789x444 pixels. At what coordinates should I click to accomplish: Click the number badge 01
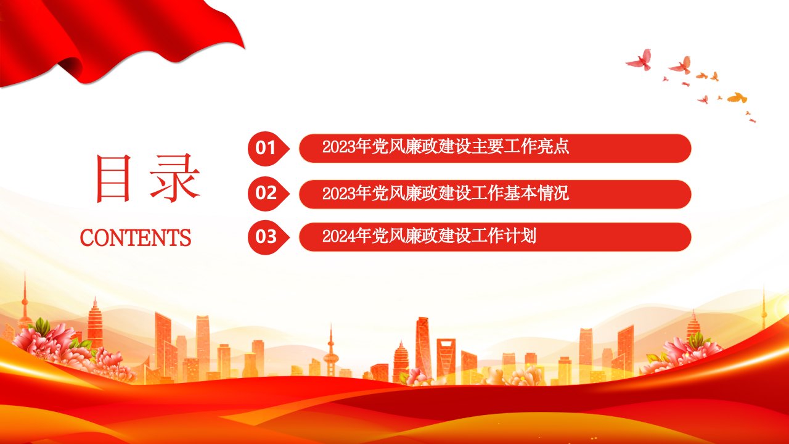268,149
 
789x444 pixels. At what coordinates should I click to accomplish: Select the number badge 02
268,194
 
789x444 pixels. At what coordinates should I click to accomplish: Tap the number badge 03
268,237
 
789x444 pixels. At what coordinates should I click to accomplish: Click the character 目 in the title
113,178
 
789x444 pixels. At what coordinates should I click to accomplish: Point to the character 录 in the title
175,178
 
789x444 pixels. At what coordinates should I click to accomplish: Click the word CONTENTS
136,237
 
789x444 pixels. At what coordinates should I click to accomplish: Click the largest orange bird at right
737,97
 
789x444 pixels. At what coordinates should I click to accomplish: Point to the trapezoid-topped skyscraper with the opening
446,360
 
